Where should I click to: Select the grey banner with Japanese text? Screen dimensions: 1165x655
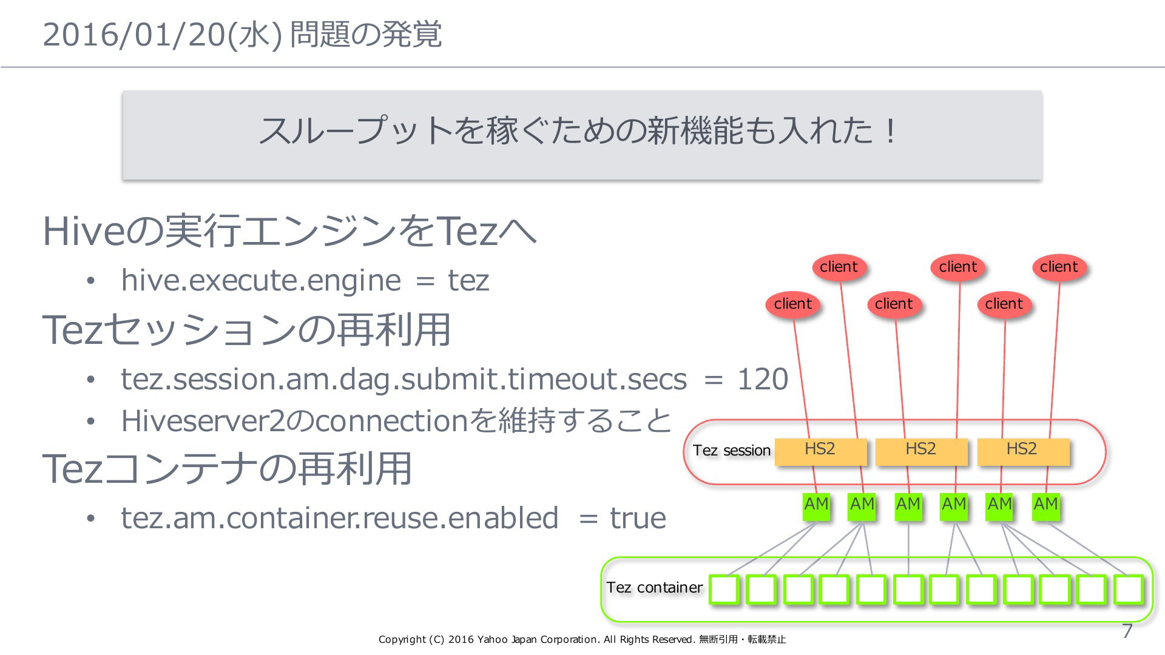tap(582, 135)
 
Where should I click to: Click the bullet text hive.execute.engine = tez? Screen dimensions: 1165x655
tap(305, 280)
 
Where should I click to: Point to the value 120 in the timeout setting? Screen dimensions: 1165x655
tap(762, 379)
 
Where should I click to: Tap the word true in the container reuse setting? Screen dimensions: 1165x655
tap(638, 518)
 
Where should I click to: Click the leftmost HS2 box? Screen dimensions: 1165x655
tap(820, 452)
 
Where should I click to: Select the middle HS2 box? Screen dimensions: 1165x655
tap(921, 452)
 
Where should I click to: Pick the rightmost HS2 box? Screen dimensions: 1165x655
tap(1022, 452)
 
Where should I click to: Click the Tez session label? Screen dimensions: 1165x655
tap(732, 451)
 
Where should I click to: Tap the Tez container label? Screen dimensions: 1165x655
tap(654, 587)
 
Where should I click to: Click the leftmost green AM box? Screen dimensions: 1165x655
tap(816, 506)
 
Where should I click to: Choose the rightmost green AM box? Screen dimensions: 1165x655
tap(1046, 506)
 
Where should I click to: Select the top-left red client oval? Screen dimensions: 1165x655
tap(839, 267)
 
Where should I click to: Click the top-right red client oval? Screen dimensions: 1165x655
tap(1059, 267)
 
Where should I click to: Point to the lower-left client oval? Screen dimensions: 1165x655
tap(793, 304)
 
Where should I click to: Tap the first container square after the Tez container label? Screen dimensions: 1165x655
tap(724, 589)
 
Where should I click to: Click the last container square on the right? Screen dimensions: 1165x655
tap(1129, 589)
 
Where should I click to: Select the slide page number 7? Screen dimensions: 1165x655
tap(1127, 631)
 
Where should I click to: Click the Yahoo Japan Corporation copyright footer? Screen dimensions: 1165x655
tap(582, 639)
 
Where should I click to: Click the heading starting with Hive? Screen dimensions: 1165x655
tap(290, 232)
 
